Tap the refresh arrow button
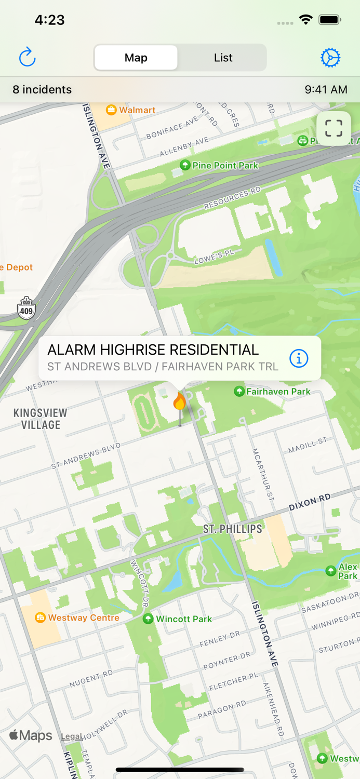[x=27, y=57]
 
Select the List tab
[x=223, y=58]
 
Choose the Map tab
[x=136, y=58]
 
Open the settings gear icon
[x=330, y=58]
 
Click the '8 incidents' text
[x=42, y=89]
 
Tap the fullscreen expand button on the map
[x=334, y=128]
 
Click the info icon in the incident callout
[x=299, y=358]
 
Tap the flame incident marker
[x=180, y=402]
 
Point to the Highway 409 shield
[x=26, y=309]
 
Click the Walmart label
[x=137, y=110]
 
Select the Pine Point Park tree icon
[x=184, y=165]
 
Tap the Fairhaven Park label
[x=278, y=392]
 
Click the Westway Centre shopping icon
[x=40, y=617]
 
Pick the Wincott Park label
[x=184, y=619]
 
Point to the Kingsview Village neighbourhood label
[x=41, y=419]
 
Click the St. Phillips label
[x=232, y=529]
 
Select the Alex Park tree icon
[x=330, y=571]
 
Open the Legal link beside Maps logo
[x=72, y=736]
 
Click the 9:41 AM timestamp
[x=326, y=89]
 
